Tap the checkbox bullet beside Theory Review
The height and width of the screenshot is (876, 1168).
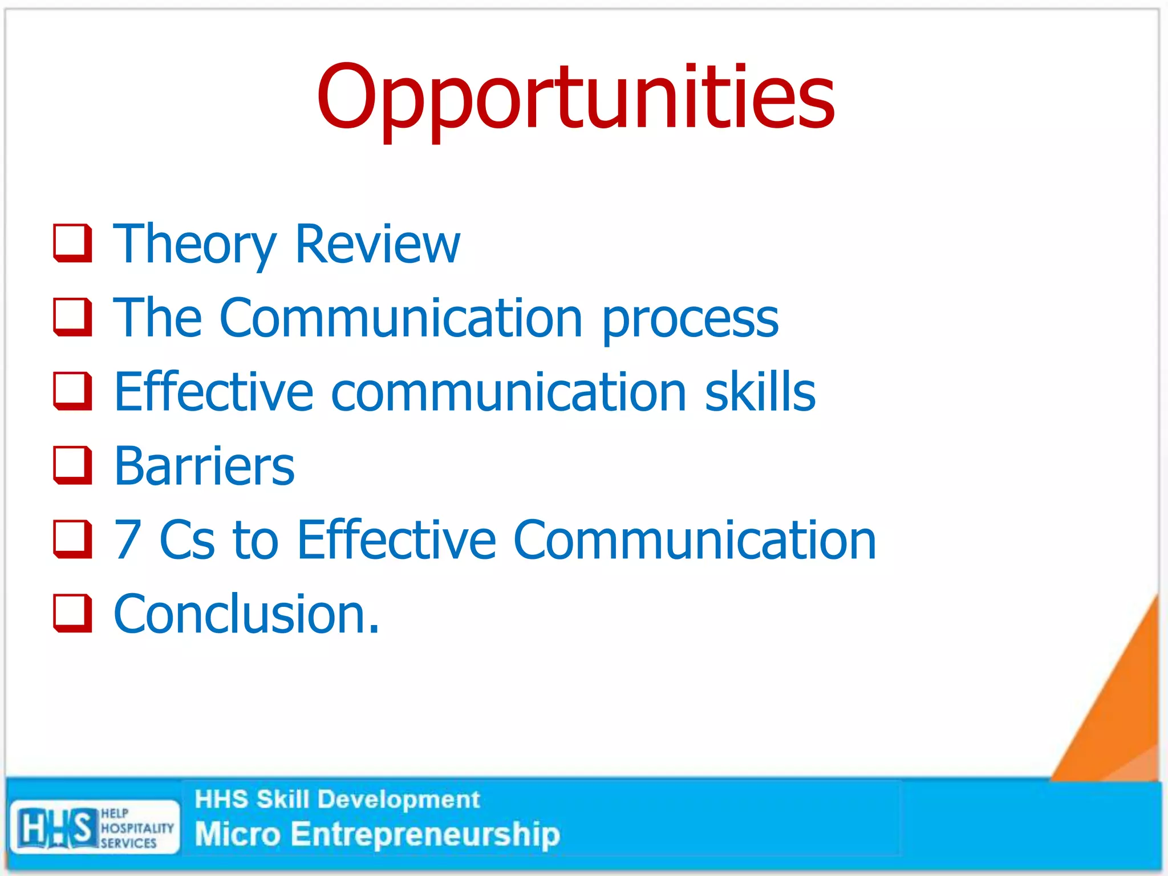point(72,244)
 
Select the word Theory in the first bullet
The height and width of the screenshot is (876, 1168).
point(194,244)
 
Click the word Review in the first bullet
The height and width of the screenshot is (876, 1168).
point(377,244)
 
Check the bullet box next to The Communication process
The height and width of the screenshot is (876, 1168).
point(72,317)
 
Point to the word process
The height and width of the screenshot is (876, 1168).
point(690,319)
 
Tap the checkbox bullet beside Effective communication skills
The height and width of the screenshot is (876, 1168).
point(72,391)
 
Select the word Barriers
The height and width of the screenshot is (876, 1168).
point(204,466)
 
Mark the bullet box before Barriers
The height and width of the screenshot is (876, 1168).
point(72,465)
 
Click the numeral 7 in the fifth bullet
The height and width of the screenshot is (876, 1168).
point(128,540)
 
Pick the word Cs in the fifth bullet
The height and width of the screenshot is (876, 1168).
point(187,540)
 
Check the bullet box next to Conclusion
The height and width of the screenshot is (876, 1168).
point(72,614)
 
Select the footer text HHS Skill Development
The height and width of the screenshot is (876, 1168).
point(337,800)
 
